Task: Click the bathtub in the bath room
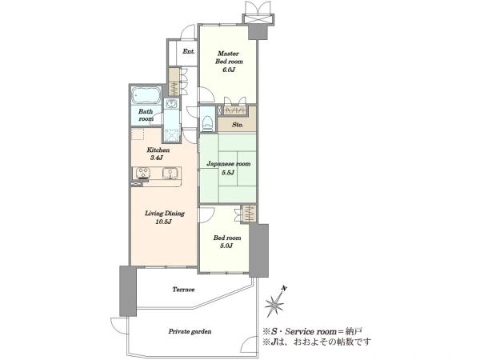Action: (146, 95)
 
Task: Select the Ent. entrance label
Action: (189, 51)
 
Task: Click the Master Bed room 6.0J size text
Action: (229, 70)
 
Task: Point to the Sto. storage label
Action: (238, 125)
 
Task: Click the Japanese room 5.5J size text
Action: (228, 172)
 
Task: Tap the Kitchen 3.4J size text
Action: (156, 158)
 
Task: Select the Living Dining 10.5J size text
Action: (163, 222)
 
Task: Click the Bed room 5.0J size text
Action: (226, 246)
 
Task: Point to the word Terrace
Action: (183, 290)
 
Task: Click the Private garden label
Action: (190, 331)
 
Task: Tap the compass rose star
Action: (274, 305)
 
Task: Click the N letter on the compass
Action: (284, 288)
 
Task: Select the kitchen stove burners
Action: (142, 173)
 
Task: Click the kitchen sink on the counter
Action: (168, 174)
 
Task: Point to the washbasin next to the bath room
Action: (170, 104)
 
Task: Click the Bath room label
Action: (146, 115)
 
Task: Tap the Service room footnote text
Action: (313, 331)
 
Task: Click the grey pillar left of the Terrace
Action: (128, 291)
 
